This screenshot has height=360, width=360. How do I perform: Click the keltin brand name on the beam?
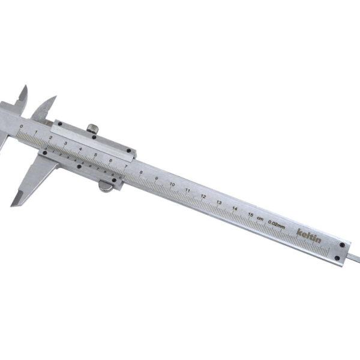[309, 235]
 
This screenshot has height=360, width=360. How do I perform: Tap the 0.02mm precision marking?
[277, 223]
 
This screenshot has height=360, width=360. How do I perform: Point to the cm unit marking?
[260, 218]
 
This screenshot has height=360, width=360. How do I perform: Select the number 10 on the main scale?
[172, 184]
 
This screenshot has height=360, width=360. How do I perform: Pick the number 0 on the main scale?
[22, 127]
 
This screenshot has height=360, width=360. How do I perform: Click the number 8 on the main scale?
[141, 173]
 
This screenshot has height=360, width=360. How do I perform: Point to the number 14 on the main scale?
[235, 208]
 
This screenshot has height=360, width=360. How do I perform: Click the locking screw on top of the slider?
[93, 128]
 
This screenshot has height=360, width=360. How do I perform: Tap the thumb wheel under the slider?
[106, 187]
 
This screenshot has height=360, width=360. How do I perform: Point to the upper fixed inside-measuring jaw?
[22, 96]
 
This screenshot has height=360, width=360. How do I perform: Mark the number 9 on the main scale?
[157, 178]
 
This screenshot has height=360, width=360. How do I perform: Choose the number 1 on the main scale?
[37, 133]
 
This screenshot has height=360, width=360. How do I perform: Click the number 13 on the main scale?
[219, 202]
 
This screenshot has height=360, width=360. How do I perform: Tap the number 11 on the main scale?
[188, 190]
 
